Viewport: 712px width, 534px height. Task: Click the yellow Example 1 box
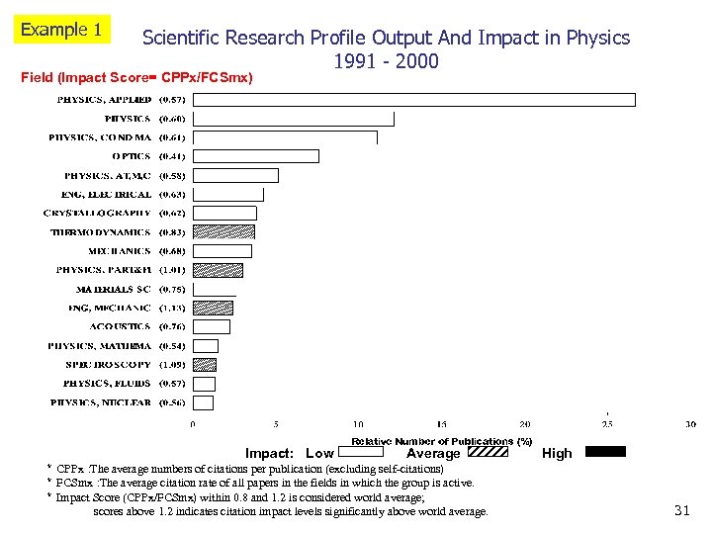[61, 30]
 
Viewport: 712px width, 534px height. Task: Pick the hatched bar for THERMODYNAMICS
[223, 232]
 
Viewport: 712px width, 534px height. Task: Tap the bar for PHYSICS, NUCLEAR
[204, 402]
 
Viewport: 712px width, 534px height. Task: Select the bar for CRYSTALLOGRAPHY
[224, 213]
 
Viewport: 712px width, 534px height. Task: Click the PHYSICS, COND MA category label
[100, 137]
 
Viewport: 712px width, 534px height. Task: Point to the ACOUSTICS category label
[120, 326]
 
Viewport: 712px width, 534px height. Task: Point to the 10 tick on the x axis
[358, 424]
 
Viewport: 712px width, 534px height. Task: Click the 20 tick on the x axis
[524, 424]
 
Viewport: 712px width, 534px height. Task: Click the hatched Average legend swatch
[487, 452]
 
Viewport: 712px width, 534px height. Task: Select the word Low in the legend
[319, 453]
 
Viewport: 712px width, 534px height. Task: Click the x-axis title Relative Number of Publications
[441, 441]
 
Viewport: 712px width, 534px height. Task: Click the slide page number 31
[680, 510]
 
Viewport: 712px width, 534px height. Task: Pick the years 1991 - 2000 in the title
[386, 61]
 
